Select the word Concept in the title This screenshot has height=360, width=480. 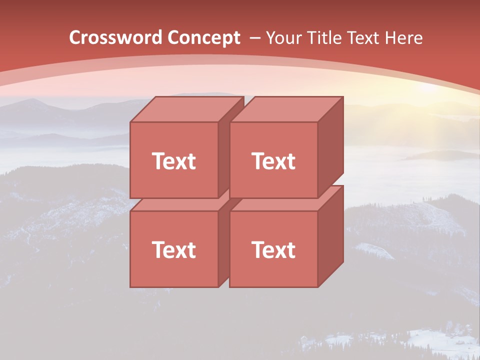point(203,38)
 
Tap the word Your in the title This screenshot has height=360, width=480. point(284,38)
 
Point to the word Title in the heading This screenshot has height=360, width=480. point(325,38)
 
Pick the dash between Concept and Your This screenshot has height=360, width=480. point(254,38)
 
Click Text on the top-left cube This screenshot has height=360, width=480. point(174,161)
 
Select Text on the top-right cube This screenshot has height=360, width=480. point(273,161)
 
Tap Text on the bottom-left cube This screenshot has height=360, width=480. point(174,249)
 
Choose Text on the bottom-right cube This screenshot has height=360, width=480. point(273,249)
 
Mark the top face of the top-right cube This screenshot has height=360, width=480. point(286,109)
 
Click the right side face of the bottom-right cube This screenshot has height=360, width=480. point(330,235)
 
